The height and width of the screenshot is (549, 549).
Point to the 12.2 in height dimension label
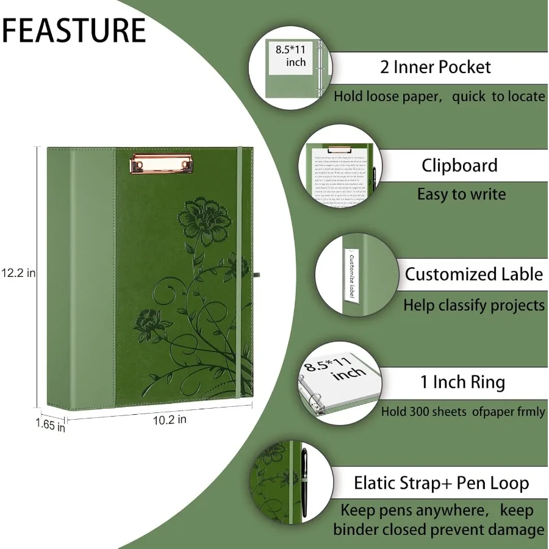click(x=18, y=273)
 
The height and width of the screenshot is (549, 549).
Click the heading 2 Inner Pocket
click(x=435, y=66)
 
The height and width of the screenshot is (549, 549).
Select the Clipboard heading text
click(x=459, y=165)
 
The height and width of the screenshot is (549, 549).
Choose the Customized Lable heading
click(x=473, y=274)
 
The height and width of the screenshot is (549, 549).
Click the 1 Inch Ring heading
click(x=462, y=382)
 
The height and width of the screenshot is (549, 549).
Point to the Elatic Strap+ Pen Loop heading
click(x=441, y=483)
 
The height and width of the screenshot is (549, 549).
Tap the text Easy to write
click(x=461, y=195)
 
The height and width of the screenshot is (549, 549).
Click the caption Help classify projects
click(x=473, y=304)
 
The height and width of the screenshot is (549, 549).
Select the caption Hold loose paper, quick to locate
click(x=439, y=96)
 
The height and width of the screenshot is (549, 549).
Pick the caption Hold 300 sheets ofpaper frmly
click(x=463, y=412)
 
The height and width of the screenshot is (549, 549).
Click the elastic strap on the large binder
click(x=240, y=274)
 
